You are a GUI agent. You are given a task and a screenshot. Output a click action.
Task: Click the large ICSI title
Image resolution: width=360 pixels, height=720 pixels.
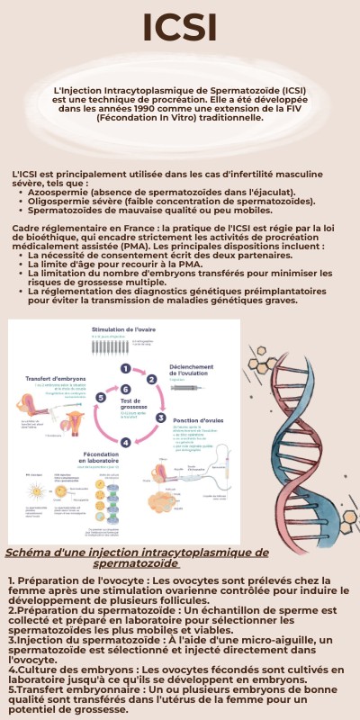(x=179, y=28)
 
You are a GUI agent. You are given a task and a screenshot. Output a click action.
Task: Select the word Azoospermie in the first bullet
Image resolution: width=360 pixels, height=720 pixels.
(x=60, y=192)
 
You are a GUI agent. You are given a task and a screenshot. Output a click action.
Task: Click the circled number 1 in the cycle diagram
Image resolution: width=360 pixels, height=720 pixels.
(x=126, y=368)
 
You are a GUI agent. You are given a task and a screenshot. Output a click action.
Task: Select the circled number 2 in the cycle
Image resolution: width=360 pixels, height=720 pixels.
(x=152, y=381)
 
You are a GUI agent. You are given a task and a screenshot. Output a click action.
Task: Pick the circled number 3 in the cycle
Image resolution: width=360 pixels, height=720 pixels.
(x=161, y=417)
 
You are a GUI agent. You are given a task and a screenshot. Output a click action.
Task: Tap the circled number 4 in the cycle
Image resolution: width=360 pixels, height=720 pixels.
(x=126, y=442)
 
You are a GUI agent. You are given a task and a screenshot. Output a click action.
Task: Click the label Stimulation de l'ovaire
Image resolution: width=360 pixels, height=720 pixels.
(x=124, y=330)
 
